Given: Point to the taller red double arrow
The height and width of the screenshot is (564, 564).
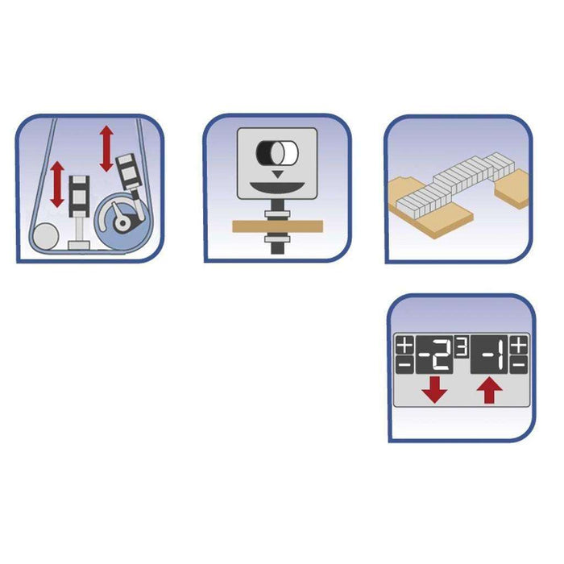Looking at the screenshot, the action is coord(106,148).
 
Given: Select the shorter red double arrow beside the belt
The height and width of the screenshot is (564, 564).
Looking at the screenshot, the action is coord(57,185).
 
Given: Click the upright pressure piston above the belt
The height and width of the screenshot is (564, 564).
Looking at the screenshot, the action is coord(79,212).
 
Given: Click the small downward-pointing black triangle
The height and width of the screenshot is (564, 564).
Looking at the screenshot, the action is coord(277,175).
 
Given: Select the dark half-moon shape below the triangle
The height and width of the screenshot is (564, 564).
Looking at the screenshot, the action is coord(277,187).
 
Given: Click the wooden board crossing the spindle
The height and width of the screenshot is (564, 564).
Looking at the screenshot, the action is coord(278,226).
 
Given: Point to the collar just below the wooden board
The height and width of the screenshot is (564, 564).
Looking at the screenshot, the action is coord(277,239).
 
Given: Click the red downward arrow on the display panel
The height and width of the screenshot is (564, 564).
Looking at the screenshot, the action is coord(435,389).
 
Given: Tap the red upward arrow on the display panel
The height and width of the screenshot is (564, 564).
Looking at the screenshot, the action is coord(490,392).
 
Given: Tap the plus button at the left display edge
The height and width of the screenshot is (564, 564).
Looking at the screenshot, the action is coord(404,346).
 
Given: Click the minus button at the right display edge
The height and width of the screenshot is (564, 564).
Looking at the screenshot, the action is coord(519,365).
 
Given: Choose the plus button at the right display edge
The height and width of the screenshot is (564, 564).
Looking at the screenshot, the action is coord(519,346).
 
